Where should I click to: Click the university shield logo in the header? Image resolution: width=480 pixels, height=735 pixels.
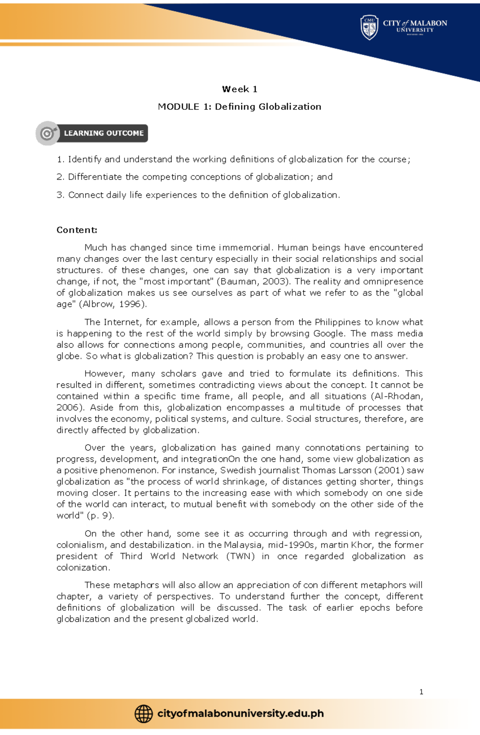[x=369, y=28]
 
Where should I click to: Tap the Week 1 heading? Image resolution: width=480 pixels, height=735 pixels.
[x=240, y=89]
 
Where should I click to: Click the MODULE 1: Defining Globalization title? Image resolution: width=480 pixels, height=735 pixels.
[x=240, y=107]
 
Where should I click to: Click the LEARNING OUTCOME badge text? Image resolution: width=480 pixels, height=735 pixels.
[x=104, y=133]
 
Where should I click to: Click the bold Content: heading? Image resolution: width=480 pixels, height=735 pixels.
[x=77, y=230]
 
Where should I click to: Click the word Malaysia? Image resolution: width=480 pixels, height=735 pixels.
[x=244, y=545]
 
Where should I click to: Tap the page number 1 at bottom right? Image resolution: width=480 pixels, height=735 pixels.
[x=421, y=692]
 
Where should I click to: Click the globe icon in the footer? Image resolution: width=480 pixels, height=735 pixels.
[x=143, y=714]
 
